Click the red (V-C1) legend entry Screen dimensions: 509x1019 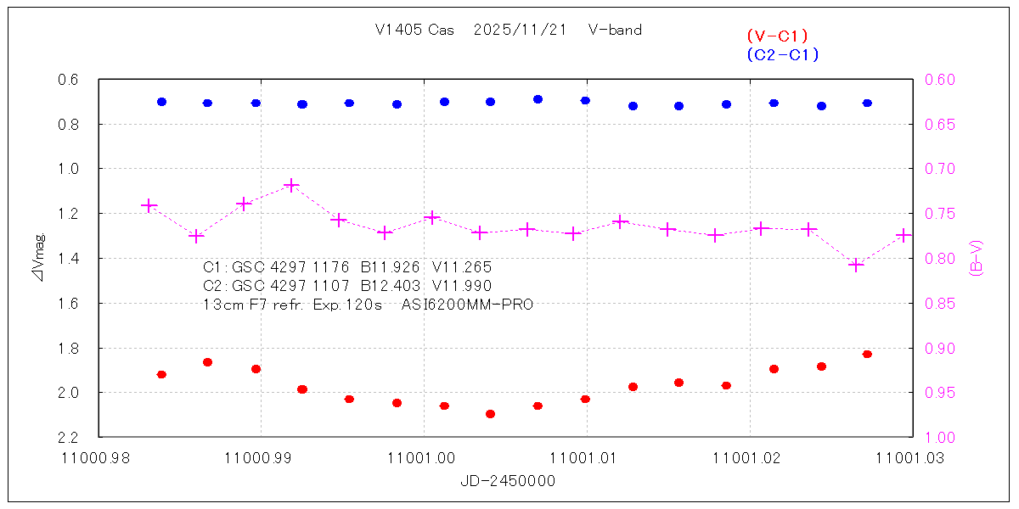776,36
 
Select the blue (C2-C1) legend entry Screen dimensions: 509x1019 782,55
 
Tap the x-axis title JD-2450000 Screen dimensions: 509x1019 508,481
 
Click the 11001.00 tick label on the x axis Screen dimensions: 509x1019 423,456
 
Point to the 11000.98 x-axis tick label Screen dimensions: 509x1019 98,456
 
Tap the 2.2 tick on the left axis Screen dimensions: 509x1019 68,437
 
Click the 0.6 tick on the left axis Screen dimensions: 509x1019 68,80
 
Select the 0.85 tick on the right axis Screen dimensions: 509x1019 938,303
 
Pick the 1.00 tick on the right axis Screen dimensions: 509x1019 938,437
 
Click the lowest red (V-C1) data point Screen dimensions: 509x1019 490,414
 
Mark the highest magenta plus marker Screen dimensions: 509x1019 290,185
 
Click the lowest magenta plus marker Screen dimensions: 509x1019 856,266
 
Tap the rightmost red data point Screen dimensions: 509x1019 867,354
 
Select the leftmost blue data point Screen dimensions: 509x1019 161,102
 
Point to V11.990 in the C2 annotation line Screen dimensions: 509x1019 462,285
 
